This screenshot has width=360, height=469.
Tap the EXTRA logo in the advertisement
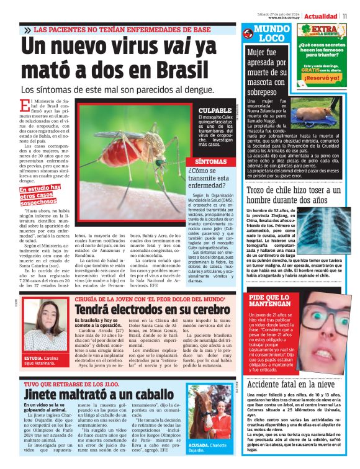323,32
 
